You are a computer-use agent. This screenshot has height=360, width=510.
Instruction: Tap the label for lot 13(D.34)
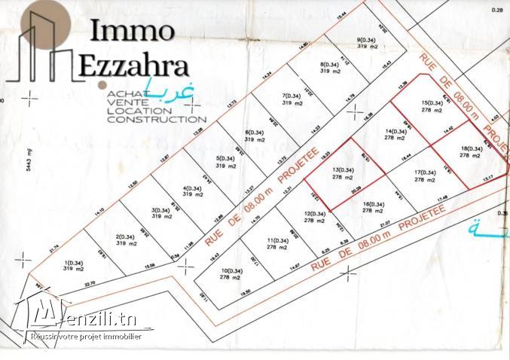pos(343,170)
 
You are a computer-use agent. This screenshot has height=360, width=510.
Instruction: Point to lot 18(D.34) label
pos(470,149)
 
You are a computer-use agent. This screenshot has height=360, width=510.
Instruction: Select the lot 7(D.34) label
pos(292,96)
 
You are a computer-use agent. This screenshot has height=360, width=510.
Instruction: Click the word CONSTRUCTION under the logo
pos(157,119)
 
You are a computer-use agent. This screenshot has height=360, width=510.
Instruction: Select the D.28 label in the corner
pos(496,9)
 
